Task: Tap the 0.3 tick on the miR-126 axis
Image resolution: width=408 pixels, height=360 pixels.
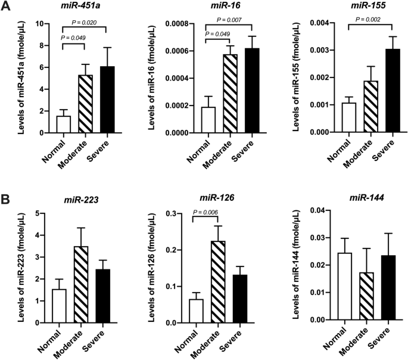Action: [x=177, y=213]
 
